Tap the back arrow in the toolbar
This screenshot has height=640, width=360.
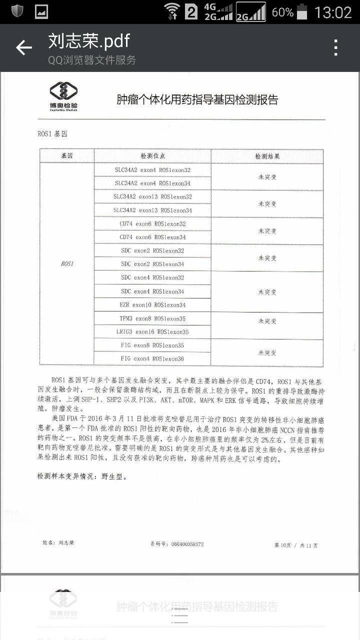pos(23,48)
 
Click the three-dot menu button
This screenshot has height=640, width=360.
pos(336,48)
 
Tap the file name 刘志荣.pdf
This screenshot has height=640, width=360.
pos(89,40)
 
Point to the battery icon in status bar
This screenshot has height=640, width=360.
pos(302,11)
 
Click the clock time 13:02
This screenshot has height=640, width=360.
pos(333,12)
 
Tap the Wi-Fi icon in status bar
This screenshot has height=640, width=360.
pos(171,11)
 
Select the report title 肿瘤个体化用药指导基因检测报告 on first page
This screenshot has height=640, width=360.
pos(197,99)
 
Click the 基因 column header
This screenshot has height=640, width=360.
pos(67,156)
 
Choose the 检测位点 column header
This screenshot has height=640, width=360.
pos(152,156)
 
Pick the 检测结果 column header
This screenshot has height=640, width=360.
pos(267,156)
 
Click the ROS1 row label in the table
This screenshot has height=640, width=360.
pos(67,263)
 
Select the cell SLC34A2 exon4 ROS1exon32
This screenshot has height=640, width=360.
pos(152,170)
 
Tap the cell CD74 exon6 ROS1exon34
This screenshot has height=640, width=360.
pos(152,237)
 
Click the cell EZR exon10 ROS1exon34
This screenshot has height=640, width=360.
pos(152,304)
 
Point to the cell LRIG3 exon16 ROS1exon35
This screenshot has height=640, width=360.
pos(152,331)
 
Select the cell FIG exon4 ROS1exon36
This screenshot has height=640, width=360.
pos(152,358)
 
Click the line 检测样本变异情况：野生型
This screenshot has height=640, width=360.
pos(82,476)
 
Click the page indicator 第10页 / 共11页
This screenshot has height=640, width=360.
pos(295,545)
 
